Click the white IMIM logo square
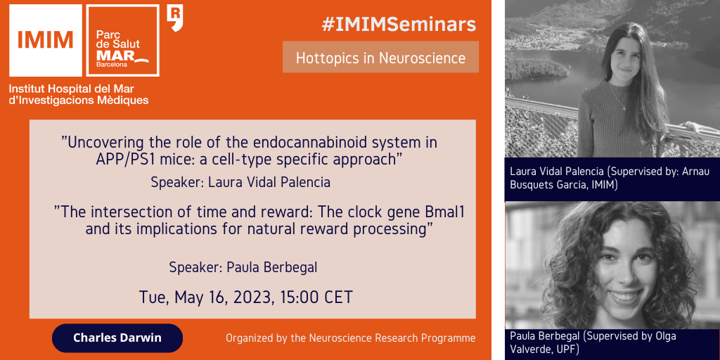coord(46,40)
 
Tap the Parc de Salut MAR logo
coord(122,40)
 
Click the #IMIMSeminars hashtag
coord(399,25)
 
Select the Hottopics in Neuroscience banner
coord(380,57)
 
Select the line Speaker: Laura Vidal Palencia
coord(240,182)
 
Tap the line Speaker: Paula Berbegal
coord(243,267)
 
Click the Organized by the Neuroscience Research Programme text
coord(350,338)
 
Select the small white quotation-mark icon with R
coord(175,18)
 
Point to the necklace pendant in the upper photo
coord(624,108)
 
